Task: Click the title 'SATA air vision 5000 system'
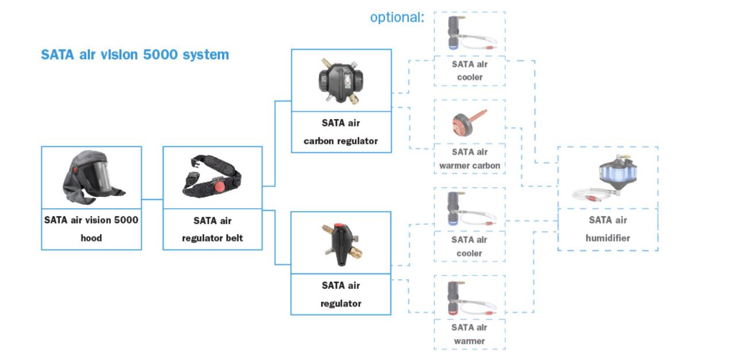point(135,55)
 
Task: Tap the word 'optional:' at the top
point(397,17)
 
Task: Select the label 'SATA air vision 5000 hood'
point(91,229)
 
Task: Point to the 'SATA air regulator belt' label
point(213,229)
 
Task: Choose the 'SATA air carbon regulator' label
point(341,132)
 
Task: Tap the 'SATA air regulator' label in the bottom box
point(341,294)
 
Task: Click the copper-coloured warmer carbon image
point(468,121)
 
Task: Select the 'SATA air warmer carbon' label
point(470,159)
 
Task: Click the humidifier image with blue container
point(608,179)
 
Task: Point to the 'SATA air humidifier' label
point(608,229)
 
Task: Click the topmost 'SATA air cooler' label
point(470,70)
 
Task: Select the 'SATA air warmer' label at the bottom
point(470,334)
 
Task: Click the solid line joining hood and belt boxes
point(152,200)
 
